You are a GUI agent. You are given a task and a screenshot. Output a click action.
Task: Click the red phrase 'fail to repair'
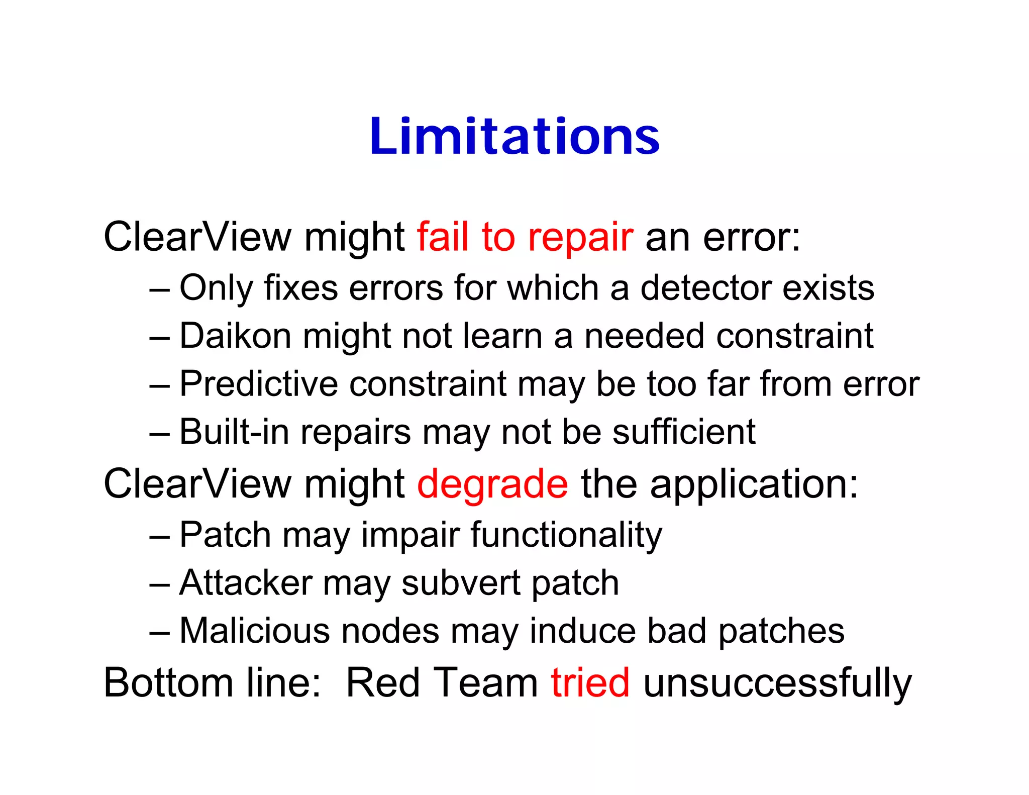point(525,237)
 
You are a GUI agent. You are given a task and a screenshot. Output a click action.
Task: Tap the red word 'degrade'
point(492,484)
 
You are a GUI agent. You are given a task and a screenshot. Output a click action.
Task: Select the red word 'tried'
point(590,682)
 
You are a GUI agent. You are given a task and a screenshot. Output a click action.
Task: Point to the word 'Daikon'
point(235,336)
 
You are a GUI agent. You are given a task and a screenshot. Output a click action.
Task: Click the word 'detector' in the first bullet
point(705,288)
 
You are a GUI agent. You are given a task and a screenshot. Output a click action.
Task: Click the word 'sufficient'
point(684,432)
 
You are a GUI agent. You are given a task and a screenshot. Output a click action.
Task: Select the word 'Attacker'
point(245,583)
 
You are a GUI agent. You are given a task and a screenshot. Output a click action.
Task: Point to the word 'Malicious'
point(255,631)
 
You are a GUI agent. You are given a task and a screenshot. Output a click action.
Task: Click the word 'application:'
point(754,484)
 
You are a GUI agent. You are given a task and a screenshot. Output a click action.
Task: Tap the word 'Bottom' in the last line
point(168,682)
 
